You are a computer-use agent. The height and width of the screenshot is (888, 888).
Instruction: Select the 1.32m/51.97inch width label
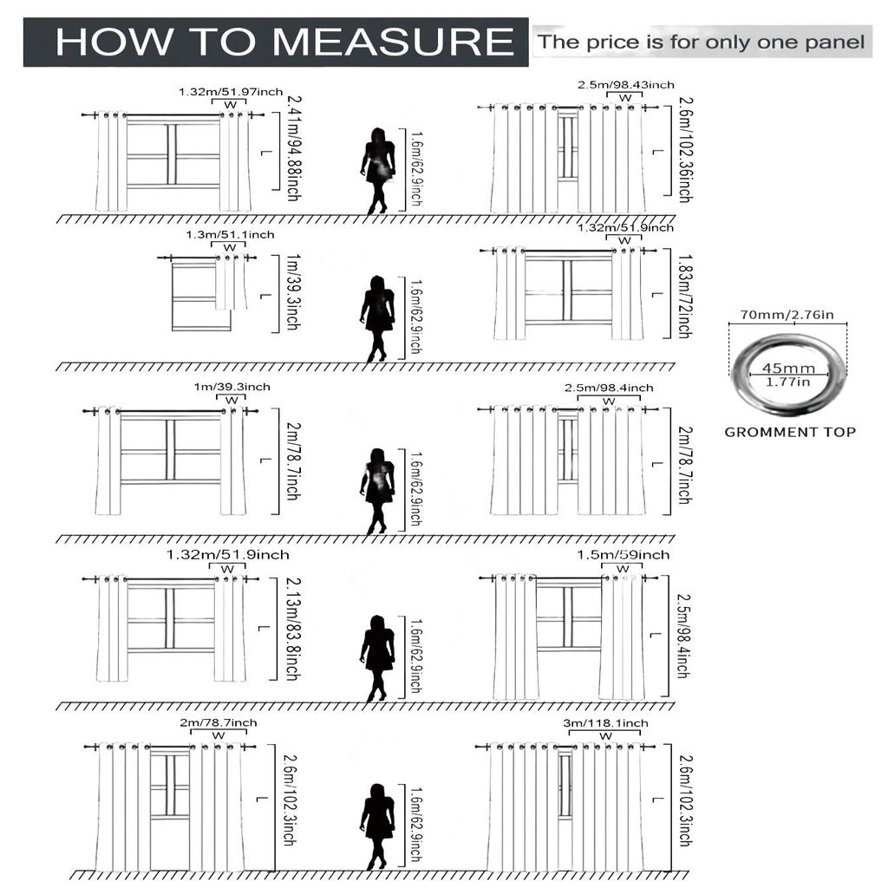(231, 92)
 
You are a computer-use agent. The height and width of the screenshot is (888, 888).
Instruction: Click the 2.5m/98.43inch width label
(626, 84)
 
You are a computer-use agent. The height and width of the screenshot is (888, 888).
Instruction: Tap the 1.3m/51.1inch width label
(230, 235)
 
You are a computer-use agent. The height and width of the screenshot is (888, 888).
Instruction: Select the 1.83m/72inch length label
(683, 296)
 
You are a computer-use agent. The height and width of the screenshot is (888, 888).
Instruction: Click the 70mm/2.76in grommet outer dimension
(787, 314)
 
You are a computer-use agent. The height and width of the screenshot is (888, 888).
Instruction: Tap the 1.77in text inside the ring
(787, 382)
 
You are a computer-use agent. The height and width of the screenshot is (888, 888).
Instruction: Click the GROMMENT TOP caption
(789, 432)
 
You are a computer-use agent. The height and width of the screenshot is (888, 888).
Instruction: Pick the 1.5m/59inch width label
(624, 554)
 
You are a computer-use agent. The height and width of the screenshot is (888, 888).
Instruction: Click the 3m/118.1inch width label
(605, 722)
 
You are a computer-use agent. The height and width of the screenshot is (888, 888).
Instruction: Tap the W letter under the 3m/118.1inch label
(606, 736)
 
